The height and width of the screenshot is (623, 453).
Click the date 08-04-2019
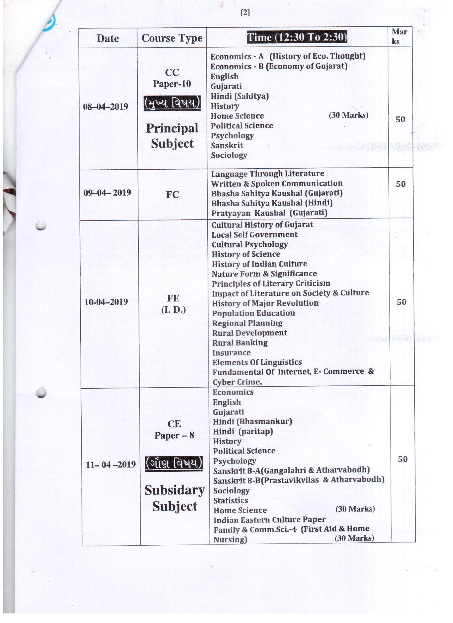coord(105,106)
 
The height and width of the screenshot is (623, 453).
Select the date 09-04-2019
coord(107,193)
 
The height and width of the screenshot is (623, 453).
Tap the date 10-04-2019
coord(106,302)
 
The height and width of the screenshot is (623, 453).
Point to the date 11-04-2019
coord(110,464)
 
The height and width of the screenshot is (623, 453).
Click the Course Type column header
coord(172,38)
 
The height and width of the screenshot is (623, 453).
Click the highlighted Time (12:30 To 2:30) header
coord(297,37)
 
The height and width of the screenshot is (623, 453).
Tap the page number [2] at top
coord(245,13)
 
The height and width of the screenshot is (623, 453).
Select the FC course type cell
coord(173,195)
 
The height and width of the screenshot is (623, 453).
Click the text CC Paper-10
coord(172,78)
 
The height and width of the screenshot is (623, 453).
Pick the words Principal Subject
coord(172,136)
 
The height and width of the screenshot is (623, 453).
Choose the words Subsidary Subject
coord(174,498)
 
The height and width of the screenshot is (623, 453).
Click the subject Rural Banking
coord(240,343)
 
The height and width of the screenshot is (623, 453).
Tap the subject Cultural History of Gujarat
coord(262,225)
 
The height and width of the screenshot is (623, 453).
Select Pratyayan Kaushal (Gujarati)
coord(269,213)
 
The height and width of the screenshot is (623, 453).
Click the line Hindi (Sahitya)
coord(240,96)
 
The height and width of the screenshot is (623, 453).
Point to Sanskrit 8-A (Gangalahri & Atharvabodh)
coord(291,470)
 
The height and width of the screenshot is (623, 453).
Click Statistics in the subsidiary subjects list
coord(230,501)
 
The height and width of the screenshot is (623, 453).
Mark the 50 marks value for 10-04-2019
coord(402,302)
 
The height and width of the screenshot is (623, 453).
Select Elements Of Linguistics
coord(257,362)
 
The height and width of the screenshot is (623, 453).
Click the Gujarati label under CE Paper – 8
coord(228,412)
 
